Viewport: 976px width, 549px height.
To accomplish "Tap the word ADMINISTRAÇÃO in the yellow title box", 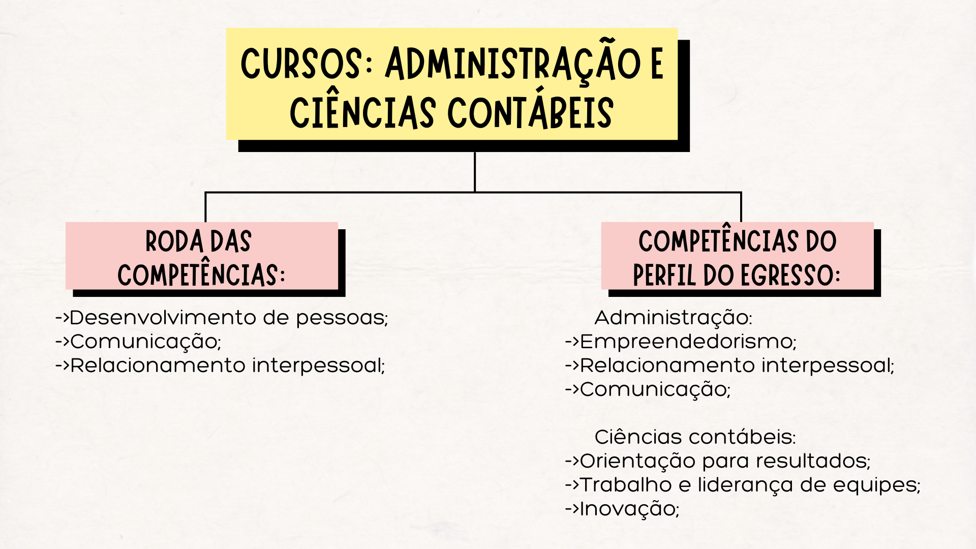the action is [513, 64].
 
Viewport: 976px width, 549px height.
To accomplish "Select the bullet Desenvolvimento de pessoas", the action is [228, 318].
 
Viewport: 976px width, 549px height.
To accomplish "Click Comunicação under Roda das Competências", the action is [145, 342].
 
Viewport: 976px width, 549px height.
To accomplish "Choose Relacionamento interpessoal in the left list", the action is [227, 365].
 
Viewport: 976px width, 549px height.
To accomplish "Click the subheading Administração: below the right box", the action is [673, 318].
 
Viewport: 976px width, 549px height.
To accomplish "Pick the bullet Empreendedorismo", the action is [687, 342].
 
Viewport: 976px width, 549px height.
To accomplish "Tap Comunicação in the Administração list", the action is [655, 389].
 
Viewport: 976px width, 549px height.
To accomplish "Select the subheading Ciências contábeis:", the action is [695, 437].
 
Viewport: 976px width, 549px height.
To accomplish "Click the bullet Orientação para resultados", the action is [724, 461].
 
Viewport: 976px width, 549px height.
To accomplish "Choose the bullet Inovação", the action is [629, 509].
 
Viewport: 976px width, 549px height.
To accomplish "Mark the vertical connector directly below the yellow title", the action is [475, 172].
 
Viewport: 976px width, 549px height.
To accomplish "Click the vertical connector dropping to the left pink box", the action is [205, 207].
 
